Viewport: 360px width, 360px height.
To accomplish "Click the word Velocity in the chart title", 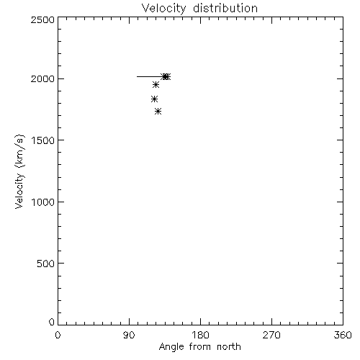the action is click(164, 9).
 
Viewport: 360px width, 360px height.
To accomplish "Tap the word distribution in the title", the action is click(225, 8).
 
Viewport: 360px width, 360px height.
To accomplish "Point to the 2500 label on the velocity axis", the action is click(42, 19).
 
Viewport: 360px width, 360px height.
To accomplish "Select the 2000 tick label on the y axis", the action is click(42, 78).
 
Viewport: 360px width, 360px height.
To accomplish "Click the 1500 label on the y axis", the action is click(43, 140).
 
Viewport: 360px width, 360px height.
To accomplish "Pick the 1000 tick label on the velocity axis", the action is click(43, 202).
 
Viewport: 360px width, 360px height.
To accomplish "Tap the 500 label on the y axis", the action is click(46, 264).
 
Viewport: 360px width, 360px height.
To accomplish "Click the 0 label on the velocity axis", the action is click(52, 322).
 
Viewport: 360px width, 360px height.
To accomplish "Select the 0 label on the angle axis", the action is click(58, 335).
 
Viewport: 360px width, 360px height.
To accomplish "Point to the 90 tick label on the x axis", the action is click(129, 335).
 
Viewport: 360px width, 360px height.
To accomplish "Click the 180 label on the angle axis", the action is click(200, 335).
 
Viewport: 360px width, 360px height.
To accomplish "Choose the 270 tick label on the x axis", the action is click(271, 335).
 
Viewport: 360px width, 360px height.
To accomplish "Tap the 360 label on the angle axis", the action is click(343, 335).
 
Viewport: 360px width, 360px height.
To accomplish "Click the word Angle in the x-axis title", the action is click(171, 348).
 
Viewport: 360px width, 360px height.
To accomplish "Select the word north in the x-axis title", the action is click(229, 347).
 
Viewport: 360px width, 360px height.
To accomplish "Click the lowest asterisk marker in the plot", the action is click(158, 111).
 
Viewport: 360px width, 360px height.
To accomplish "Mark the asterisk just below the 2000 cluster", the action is click(156, 85).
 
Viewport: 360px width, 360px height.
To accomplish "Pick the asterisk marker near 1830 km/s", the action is click(154, 99).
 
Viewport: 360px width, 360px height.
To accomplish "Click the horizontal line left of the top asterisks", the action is click(150, 77).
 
